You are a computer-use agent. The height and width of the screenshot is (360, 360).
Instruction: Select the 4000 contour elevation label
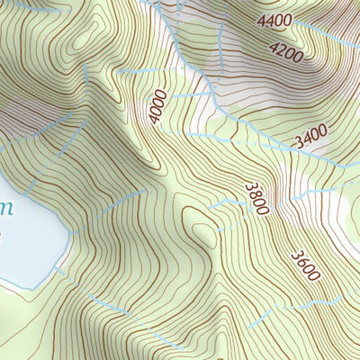[159, 107]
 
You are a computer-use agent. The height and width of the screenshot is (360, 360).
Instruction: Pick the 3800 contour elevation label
[257, 198]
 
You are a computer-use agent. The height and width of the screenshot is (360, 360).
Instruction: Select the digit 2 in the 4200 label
[280, 54]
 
